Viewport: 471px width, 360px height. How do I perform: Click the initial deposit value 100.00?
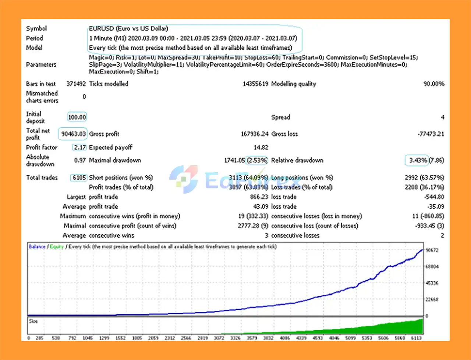coord(77,117)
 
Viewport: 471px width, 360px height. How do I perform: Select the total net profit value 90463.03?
coord(73,134)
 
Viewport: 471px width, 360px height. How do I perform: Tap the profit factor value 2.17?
coord(80,148)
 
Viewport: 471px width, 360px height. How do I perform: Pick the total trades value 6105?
coord(79,178)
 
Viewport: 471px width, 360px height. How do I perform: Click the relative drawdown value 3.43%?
coord(418,160)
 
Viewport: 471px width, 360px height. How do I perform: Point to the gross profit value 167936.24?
coord(255,134)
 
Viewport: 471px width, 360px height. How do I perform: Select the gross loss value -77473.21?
coord(431,134)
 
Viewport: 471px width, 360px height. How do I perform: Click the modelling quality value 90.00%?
coord(434,84)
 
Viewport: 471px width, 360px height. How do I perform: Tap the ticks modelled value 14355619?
coord(255,84)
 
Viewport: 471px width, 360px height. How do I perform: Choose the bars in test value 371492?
coord(76,84)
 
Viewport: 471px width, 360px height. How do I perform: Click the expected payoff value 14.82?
coord(261,148)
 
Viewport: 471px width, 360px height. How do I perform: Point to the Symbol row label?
coord(36,28)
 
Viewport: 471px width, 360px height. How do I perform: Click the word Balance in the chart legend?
coord(37,247)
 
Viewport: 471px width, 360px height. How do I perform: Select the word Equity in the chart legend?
coord(57,247)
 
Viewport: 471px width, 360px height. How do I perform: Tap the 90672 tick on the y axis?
coord(432,250)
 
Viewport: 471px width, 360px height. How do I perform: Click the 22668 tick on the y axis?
coord(432,300)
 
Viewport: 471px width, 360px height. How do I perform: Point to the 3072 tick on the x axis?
coord(219,338)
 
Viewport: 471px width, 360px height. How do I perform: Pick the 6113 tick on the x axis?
coord(416,338)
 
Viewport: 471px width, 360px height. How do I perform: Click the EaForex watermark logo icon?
coord(184,179)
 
